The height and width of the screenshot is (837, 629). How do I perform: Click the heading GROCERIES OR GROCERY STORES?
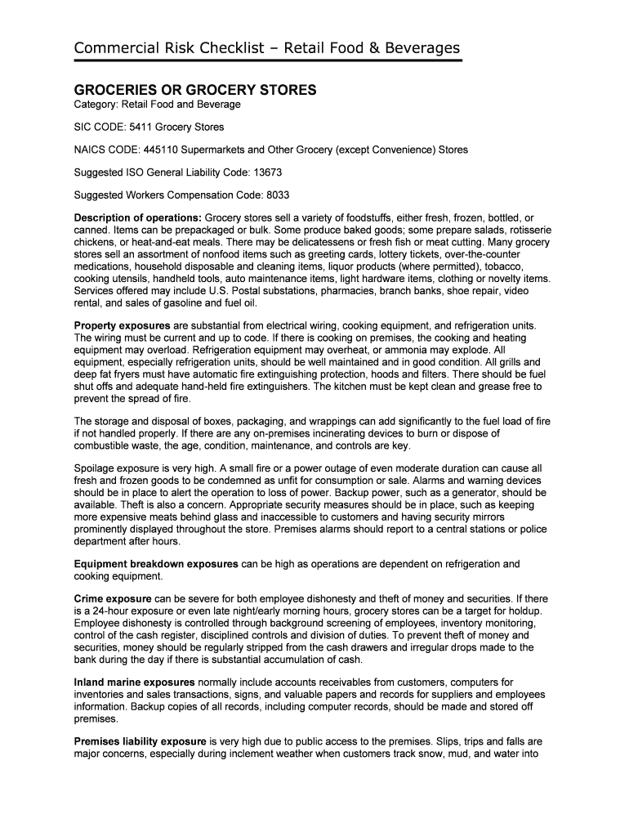[194, 89]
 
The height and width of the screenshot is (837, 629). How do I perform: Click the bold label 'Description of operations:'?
[137, 219]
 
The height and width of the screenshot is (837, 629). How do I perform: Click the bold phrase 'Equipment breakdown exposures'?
[156, 564]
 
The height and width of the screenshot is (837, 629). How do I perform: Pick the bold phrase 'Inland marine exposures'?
[134, 682]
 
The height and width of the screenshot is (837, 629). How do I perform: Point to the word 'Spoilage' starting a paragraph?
[97, 468]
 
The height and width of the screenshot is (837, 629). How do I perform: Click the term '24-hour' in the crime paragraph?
[105, 611]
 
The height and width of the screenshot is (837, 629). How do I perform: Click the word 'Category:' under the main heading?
[96, 105]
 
